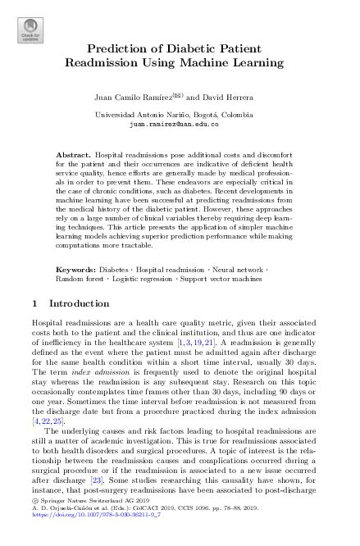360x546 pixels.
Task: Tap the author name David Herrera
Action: coord(228,98)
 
